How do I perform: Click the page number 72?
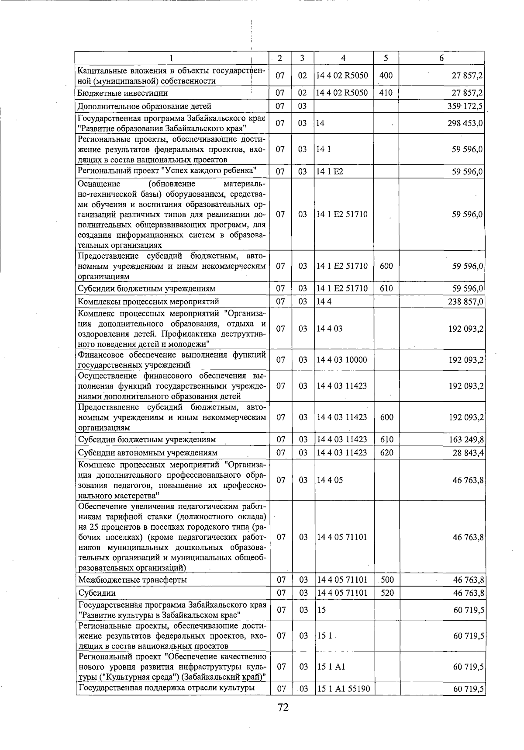(283, 707)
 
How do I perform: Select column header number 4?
(343, 58)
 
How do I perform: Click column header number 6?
(441, 58)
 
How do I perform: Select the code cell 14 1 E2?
(330, 172)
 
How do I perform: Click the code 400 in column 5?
(386, 76)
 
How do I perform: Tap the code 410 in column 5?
(386, 93)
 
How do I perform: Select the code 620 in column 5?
(386, 453)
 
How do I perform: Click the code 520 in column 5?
(386, 593)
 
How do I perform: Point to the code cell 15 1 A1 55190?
(343, 689)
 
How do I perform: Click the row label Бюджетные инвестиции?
(122, 93)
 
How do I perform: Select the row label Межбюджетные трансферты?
(132, 580)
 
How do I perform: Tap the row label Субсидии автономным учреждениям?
(147, 453)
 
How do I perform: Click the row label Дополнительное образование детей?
(144, 106)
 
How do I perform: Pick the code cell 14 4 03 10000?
(342, 360)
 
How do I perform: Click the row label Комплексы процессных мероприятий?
(148, 302)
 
